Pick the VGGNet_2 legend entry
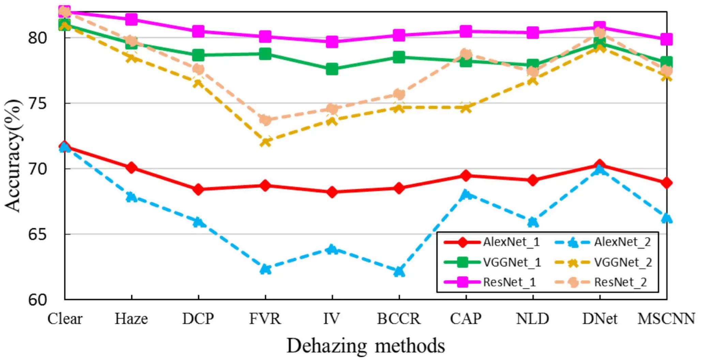coord(604,262)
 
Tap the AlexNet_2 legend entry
coord(603,242)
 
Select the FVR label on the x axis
coord(265,319)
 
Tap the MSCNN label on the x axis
coord(666,319)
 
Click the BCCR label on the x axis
coord(399,319)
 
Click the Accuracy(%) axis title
coord(13,156)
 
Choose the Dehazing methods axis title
coord(366,346)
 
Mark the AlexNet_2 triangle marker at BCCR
coord(399,271)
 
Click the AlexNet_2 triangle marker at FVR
coord(265,269)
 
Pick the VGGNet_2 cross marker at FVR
coord(265,141)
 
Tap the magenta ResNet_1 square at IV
coord(332,42)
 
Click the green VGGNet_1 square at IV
coord(332,69)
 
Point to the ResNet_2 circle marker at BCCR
coord(399,94)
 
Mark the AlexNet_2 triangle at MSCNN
coord(667,218)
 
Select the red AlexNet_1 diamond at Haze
coord(131,167)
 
